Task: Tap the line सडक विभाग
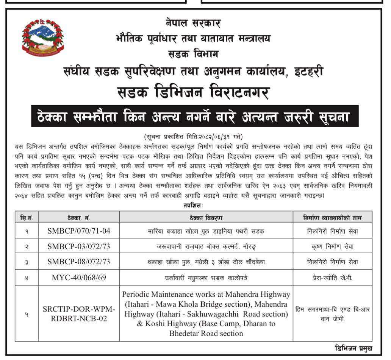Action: click(x=193, y=54)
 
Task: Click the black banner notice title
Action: click(x=195, y=116)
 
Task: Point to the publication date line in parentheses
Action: click(x=194, y=136)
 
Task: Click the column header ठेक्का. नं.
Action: click(x=79, y=217)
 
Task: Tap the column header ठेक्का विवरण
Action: click(x=206, y=217)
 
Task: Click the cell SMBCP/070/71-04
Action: click(x=79, y=231)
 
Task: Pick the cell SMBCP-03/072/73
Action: click(x=79, y=246)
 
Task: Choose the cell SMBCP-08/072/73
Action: click(x=79, y=262)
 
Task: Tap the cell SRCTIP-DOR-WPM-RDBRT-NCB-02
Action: click(x=79, y=314)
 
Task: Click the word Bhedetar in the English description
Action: click(x=186, y=334)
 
